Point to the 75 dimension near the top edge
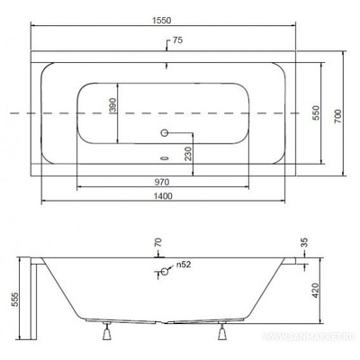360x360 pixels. point(177,40)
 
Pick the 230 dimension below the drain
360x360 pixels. point(187,154)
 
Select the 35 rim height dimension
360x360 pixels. point(306,242)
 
